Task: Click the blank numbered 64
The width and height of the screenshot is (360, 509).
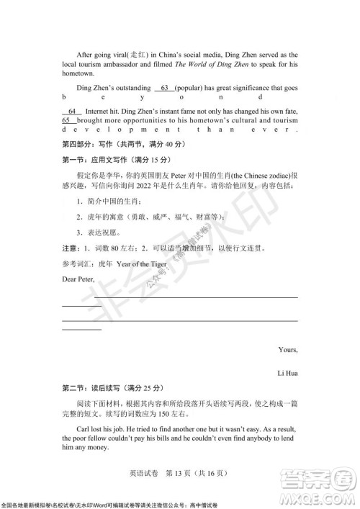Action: (x=71, y=112)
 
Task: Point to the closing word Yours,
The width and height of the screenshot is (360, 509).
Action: (x=287, y=350)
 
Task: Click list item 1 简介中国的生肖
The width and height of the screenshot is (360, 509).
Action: (x=109, y=201)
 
